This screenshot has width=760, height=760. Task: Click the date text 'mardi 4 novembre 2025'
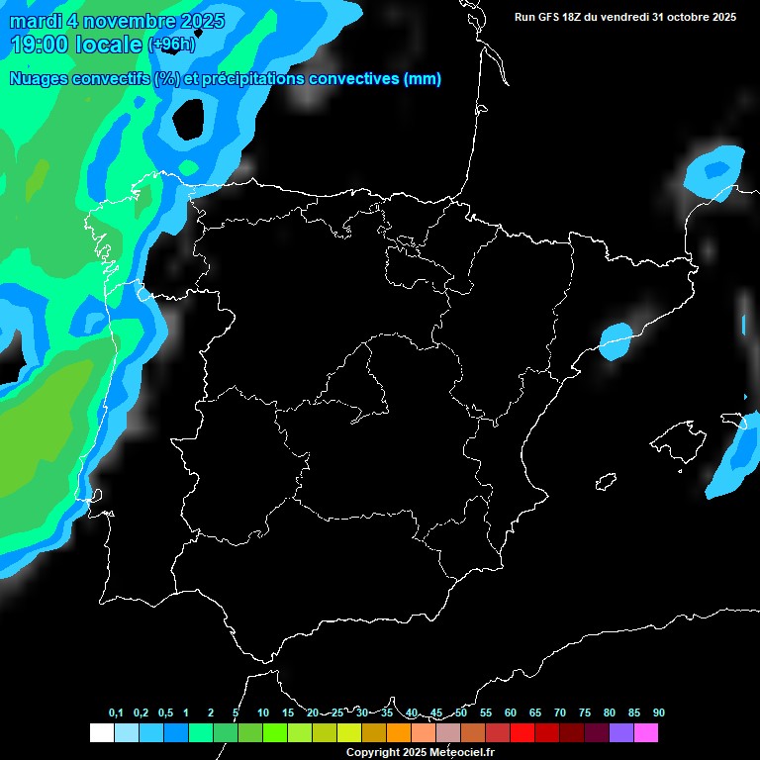point(117,21)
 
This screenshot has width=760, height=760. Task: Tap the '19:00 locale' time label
point(76,44)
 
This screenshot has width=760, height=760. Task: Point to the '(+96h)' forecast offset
point(172,45)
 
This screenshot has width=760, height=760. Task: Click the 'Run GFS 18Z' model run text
point(549,17)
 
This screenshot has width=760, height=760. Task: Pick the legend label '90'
point(659,713)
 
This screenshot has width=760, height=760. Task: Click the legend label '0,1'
point(116,713)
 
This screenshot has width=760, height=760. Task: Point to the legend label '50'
point(461,713)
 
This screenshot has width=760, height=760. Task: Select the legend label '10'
point(263,713)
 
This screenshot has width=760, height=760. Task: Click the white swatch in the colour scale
point(101,733)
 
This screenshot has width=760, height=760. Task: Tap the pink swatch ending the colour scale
point(645,733)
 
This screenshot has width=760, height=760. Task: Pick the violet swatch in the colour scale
point(620,733)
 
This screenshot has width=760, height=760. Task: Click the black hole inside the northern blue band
point(190,118)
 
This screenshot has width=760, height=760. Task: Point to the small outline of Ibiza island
point(606,482)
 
